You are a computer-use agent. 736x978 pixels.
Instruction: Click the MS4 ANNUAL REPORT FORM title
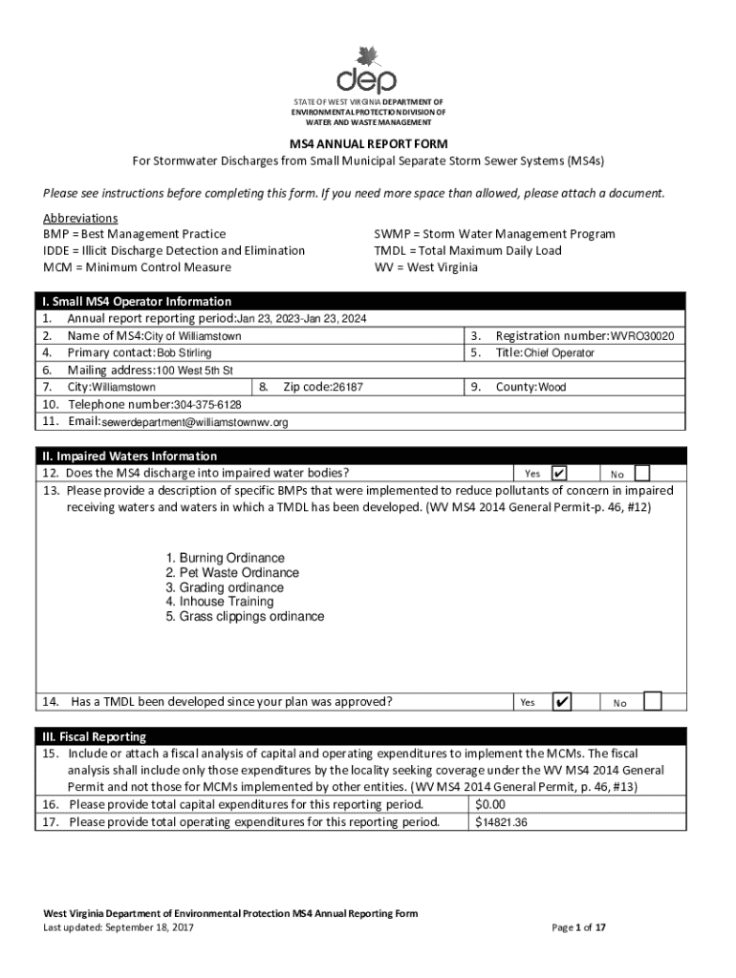[x=368, y=144]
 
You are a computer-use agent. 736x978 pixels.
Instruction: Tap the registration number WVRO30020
[x=643, y=336]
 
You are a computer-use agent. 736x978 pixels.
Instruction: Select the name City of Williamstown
[x=192, y=336]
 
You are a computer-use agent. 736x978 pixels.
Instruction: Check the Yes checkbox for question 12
[x=560, y=473]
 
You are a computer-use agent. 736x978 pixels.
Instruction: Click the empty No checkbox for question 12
[x=642, y=473]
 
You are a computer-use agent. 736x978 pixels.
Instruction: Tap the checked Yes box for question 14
[x=563, y=702]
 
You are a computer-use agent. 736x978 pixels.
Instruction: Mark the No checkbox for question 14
[x=652, y=702]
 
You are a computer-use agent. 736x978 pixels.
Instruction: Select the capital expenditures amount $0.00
[x=490, y=805]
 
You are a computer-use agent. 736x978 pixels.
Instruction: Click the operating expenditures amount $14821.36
[x=502, y=822]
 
